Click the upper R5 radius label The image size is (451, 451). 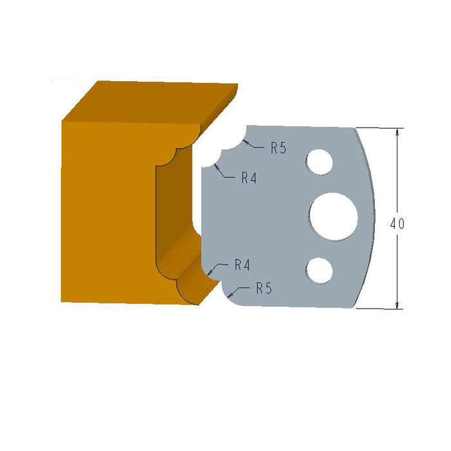tap(278, 148)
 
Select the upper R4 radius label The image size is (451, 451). tap(249, 178)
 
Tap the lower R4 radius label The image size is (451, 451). tap(242, 264)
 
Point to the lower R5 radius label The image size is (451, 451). tap(264, 288)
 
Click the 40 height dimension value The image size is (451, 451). tap(397, 224)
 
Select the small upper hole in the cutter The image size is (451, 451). tap(320, 161)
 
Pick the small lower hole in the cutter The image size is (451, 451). tap(320, 270)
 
